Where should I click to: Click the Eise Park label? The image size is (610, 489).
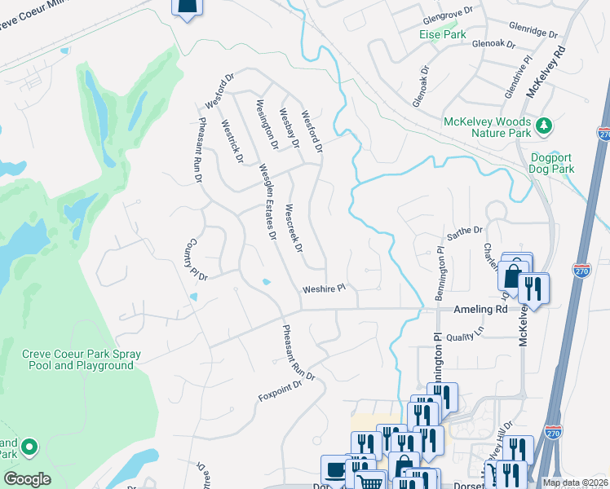[x=442, y=35]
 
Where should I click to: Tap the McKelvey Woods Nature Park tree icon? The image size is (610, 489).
[x=544, y=125]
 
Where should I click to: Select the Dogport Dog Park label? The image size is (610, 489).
[x=553, y=163]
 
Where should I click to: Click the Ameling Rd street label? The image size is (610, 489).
[x=480, y=310]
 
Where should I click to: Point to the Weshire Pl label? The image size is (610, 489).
[x=325, y=289]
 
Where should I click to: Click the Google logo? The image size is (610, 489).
[x=27, y=479]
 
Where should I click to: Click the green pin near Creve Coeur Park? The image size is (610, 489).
[x=29, y=447]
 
